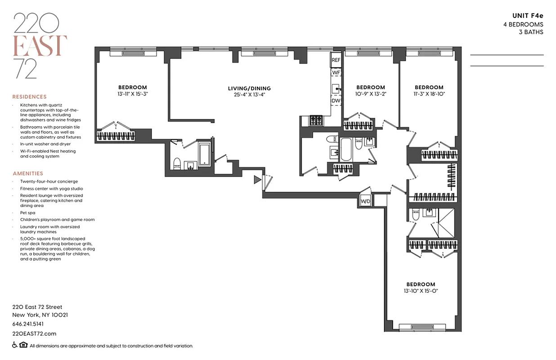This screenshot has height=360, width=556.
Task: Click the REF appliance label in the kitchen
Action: point(336,60)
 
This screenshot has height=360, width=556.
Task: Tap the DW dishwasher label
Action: point(336,101)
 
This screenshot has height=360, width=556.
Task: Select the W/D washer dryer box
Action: point(365,201)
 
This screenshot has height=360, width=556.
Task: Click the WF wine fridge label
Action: point(336,72)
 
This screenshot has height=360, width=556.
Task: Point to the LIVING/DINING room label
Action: point(249,89)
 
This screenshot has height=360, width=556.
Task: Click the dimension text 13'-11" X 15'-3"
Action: point(132,94)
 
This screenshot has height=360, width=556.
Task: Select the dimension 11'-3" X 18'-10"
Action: point(429,94)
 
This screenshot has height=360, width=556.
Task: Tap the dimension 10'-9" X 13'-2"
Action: point(371,94)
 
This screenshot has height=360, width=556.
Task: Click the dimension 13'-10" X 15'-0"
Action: point(421,291)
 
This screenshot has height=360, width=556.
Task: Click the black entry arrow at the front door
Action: point(257,180)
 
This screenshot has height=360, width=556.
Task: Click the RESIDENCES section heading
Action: point(29,97)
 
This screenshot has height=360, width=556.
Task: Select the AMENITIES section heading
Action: point(28,173)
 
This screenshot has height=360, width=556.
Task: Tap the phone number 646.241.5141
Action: point(28,324)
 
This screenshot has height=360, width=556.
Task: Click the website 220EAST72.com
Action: point(34,333)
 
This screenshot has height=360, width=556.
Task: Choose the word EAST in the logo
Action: point(40,45)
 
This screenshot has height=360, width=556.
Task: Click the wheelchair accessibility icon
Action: point(15,346)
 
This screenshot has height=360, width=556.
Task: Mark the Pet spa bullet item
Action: point(28,212)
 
